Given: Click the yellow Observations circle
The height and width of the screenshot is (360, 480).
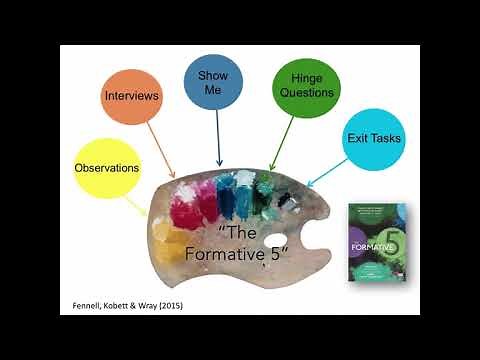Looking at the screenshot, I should click(x=106, y=167).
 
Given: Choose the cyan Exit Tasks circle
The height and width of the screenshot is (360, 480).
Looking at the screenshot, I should click(x=373, y=137).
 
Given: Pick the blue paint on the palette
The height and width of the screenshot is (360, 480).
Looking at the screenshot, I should click(x=229, y=191).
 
